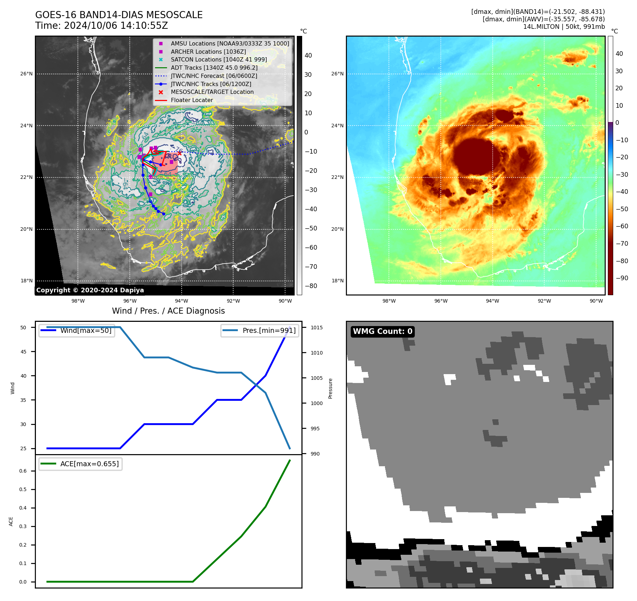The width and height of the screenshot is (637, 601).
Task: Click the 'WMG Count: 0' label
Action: pos(382,331)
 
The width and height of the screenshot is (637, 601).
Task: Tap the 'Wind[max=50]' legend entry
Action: pos(86,330)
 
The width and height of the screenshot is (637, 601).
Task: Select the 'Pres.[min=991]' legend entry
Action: pos(269,330)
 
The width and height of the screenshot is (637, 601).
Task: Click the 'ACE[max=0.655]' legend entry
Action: pos(89,464)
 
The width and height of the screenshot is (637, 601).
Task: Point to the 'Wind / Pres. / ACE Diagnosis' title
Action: pos(168,311)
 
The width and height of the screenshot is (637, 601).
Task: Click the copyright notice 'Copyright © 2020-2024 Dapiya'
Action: pos(90,290)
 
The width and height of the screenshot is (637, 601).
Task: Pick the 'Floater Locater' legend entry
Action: pos(192,100)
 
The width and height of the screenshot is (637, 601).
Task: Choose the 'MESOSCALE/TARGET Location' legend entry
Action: pos(212,92)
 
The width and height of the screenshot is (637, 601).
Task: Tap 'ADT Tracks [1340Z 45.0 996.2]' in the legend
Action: pos(214,68)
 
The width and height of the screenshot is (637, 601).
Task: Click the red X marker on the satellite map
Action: pos(180,153)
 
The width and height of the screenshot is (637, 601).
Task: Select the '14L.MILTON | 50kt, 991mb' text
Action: pos(564,27)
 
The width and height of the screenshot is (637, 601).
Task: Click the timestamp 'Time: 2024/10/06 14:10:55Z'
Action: pos(101,26)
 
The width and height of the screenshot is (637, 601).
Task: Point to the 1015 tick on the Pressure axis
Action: pos(316,328)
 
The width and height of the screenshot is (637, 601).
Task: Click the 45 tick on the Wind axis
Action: pos(23,352)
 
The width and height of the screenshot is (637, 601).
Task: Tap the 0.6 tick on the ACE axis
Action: pos(23,471)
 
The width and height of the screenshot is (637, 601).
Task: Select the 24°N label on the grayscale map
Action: pos(26,126)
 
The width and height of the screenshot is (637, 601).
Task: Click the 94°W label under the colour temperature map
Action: pos(492,301)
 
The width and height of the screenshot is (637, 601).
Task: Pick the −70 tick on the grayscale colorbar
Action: pos(311,267)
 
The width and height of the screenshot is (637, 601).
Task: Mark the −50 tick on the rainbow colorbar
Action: pos(622,209)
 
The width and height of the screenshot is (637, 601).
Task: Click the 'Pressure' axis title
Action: pos(331,388)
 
